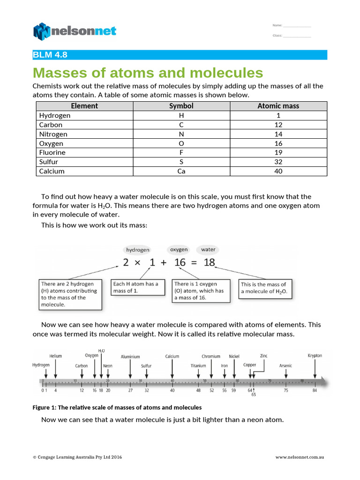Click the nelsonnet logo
tap(75, 31)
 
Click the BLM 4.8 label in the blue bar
tap(50, 55)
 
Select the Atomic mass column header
tap(278, 106)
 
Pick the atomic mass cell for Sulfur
tap(278, 162)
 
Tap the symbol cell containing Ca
tap(181, 171)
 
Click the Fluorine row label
tap(52, 152)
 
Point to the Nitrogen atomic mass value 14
tap(278, 134)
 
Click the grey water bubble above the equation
tap(208, 249)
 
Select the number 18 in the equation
tap(209, 263)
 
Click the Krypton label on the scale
tap(315, 356)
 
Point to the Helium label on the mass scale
tap(55, 356)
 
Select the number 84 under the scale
tap(315, 390)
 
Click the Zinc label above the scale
tap(264, 356)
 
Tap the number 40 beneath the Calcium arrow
tap(172, 390)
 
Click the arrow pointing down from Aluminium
tap(130, 368)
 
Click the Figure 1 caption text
tap(117, 407)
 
